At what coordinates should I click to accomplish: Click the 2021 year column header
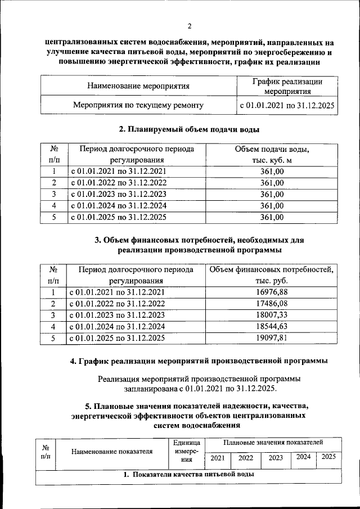217,458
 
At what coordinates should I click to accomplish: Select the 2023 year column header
276,458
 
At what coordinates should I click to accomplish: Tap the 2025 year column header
328,457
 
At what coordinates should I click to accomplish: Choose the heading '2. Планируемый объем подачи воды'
189,129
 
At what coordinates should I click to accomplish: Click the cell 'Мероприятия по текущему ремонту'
138,105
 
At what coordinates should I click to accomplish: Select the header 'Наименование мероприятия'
138,86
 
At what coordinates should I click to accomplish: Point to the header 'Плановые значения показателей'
273,444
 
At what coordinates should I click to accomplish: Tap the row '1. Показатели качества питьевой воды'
188,475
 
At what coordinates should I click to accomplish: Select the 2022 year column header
246,458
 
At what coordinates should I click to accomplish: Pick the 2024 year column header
303,457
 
